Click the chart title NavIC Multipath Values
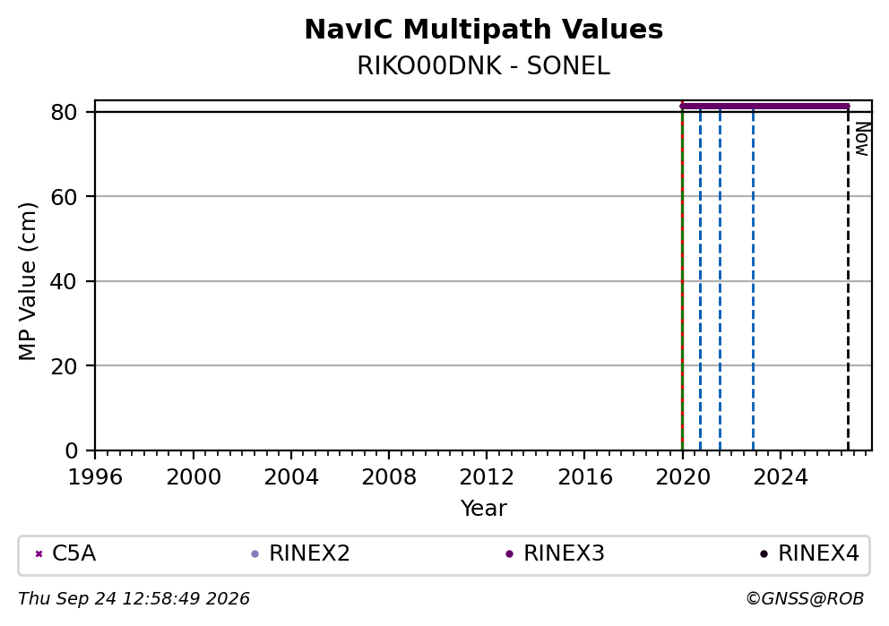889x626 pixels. click(x=484, y=30)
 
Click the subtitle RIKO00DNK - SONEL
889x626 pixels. click(x=484, y=66)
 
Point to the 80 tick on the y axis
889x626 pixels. click(x=64, y=112)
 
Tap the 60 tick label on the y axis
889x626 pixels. click(x=64, y=197)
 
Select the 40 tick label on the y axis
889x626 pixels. click(x=64, y=281)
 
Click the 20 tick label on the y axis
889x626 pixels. click(x=64, y=366)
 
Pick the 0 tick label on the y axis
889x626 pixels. click(x=72, y=451)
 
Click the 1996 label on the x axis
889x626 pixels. click(x=95, y=477)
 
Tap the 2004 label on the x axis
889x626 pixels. click(x=291, y=477)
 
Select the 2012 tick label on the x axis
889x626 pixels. click(x=487, y=477)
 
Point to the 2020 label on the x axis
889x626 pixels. click(x=683, y=477)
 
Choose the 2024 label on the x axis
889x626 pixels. click(x=781, y=477)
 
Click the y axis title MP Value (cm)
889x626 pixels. click(x=27, y=281)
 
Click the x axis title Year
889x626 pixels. click(x=484, y=508)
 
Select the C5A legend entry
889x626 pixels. click(x=65, y=553)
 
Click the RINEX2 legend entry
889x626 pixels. click(x=300, y=553)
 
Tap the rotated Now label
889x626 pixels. click(x=862, y=139)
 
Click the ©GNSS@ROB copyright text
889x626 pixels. click(x=805, y=599)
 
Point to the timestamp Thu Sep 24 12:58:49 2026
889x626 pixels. click(x=134, y=599)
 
